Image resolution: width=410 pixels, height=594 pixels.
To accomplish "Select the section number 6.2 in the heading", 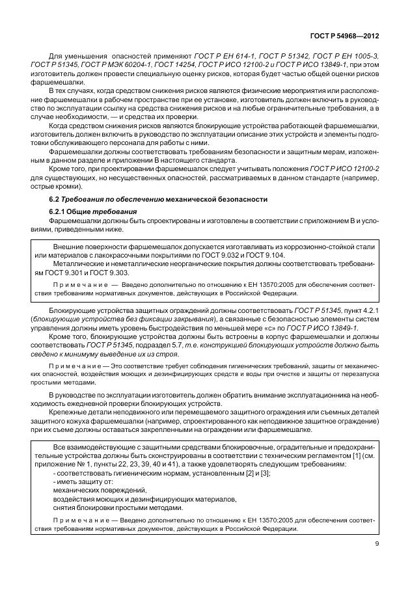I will tap(57, 198).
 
